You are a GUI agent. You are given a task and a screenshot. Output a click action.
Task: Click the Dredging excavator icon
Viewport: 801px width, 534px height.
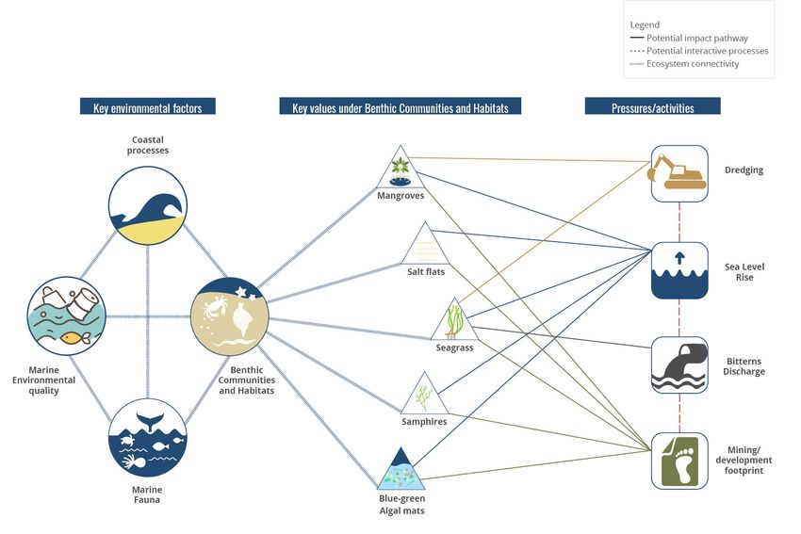tap(679, 172)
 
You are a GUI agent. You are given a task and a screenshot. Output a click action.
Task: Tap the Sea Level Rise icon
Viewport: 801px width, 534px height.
tap(679, 270)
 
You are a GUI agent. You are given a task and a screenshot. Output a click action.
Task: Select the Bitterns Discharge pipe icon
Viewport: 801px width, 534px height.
tap(679, 364)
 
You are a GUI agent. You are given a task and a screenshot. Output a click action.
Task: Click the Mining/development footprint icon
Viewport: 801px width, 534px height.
tap(679, 460)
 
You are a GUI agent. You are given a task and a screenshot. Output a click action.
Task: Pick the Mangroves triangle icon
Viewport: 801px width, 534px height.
tap(400, 170)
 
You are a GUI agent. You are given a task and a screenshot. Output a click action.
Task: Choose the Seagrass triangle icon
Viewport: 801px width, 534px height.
tap(455, 322)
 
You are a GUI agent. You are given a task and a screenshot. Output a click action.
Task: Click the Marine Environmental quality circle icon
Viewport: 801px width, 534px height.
tap(66, 316)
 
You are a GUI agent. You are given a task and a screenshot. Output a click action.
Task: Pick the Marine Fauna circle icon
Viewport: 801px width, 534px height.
tap(147, 439)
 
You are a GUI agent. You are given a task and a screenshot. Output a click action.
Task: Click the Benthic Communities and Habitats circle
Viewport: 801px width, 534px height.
tap(230, 316)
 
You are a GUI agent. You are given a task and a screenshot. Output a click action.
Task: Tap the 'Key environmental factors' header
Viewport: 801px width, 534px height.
tap(147, 107)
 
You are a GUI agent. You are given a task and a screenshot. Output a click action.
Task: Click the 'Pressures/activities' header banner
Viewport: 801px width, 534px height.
tap(652, 107)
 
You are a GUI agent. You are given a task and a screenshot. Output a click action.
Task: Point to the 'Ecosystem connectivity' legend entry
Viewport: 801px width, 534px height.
tap(693, 64)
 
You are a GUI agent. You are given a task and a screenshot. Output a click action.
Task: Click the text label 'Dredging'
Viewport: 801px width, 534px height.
tap(744, 170)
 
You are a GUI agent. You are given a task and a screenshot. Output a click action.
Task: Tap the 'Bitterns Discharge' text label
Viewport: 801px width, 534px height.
tap(744, 366)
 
